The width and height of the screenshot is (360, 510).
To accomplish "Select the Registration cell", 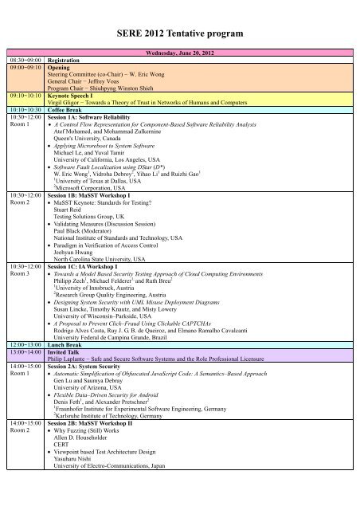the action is tap(68, 60).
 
